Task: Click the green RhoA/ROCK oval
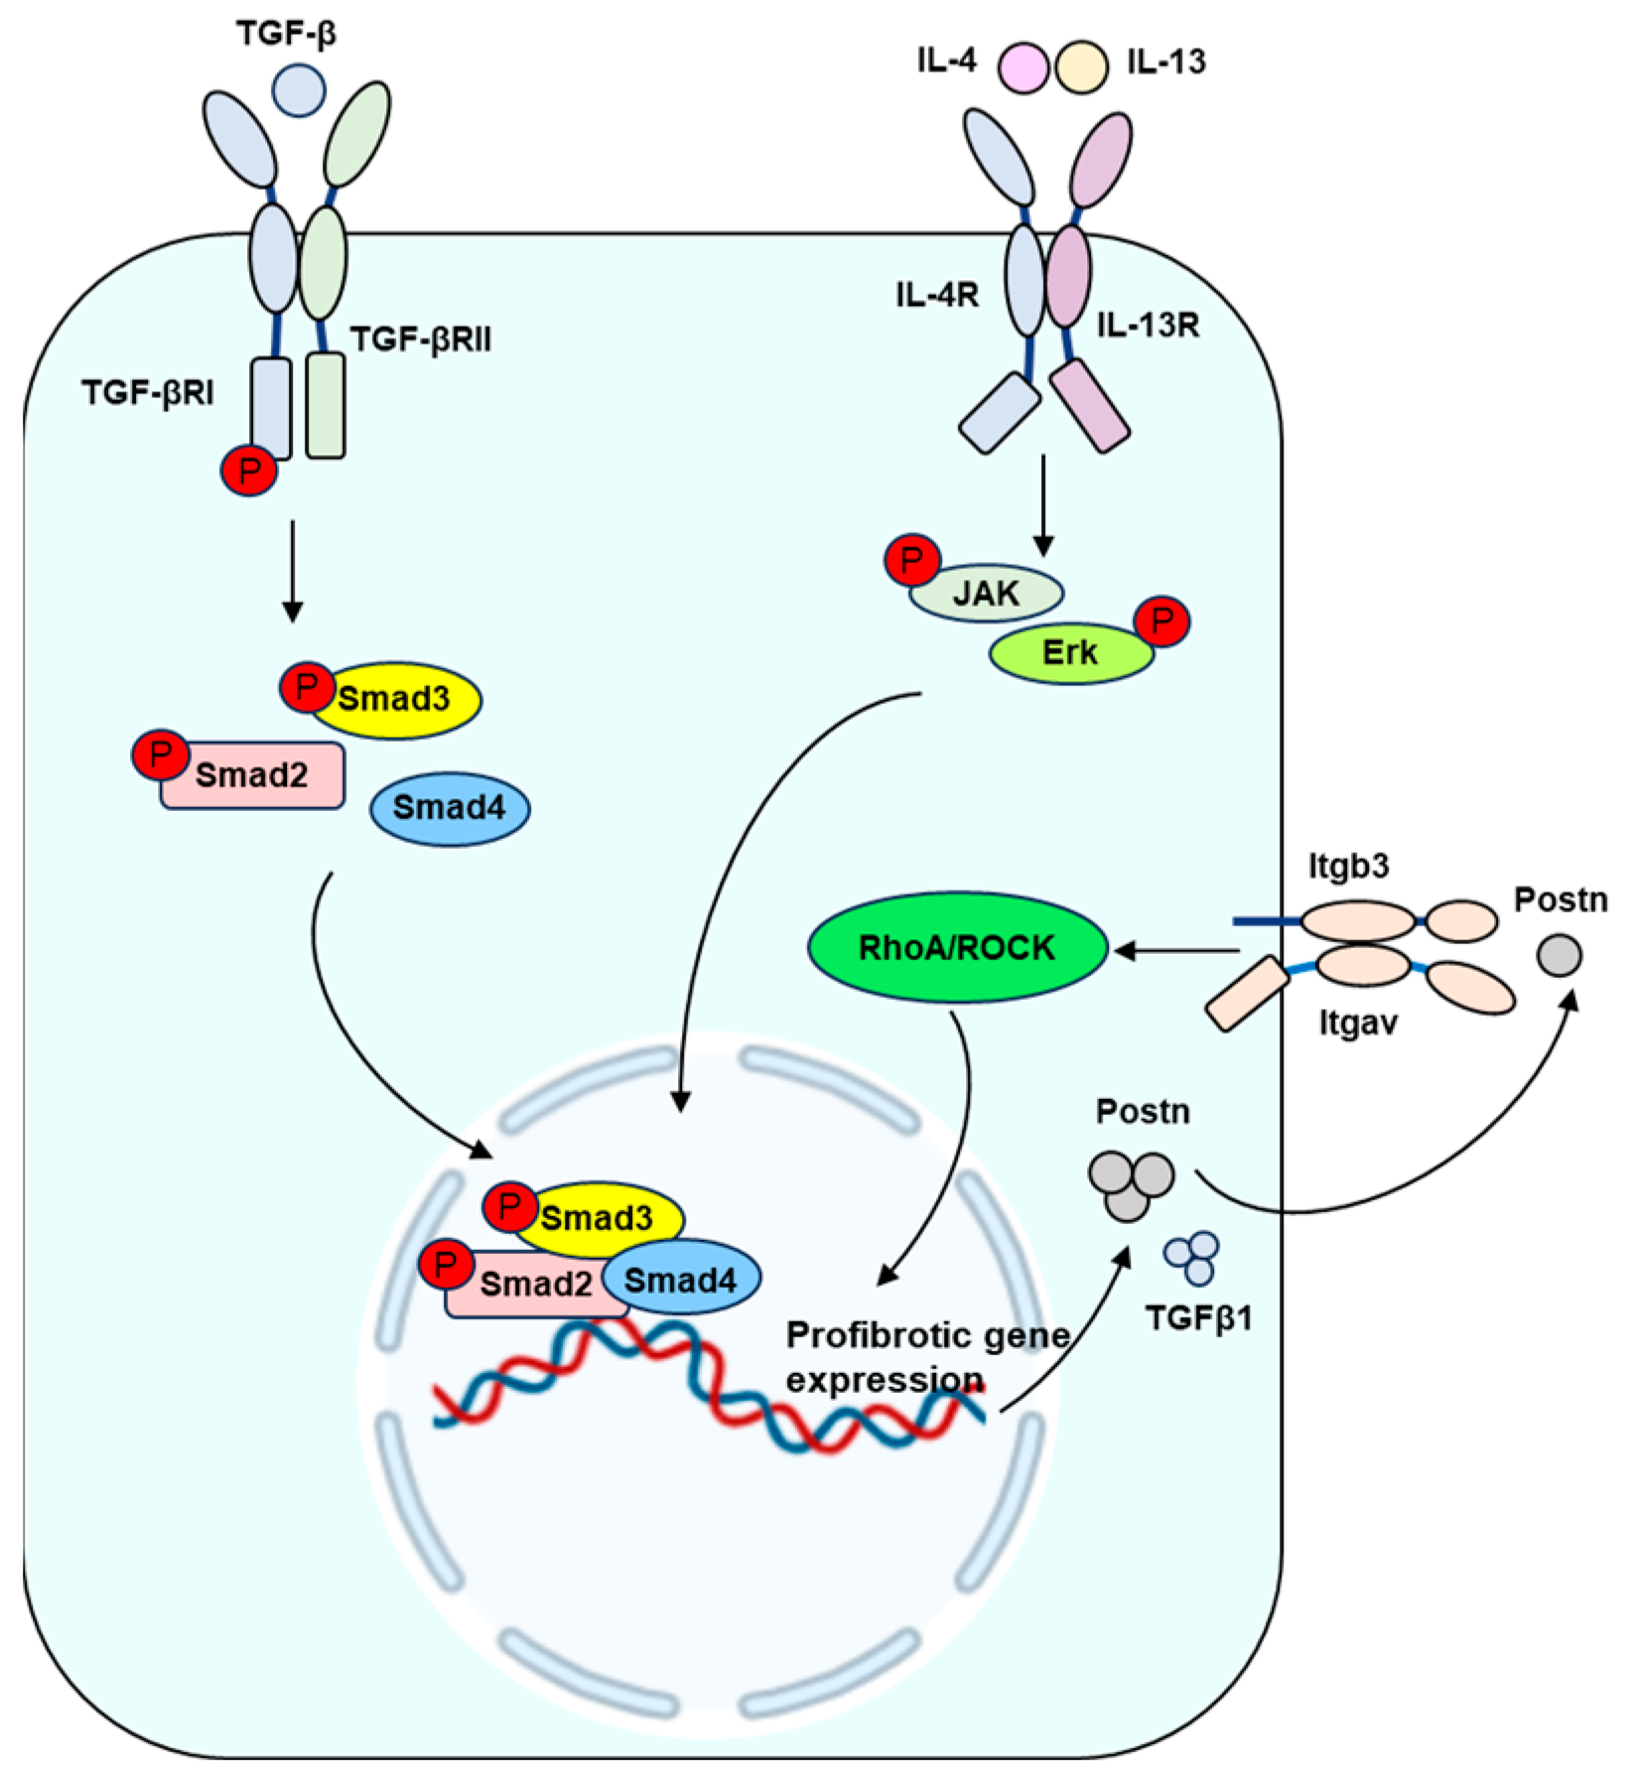pos(957,948)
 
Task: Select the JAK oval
pos(987,594)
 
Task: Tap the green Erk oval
pos(1071,653)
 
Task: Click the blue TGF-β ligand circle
pos(299,89)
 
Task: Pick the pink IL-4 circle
pos(1022,67)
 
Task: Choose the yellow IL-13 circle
pos(1082,67)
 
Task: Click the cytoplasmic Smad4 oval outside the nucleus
pos(450,808)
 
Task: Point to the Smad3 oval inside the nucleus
pos(599,1218)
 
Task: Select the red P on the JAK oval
pos(912,561)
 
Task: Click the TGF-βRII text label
pos(421,341)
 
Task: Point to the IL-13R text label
pos(1148,325)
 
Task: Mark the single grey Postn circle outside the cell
pos(1560,956)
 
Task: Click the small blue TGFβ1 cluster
pos(1192,1258)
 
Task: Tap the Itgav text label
pos(1357,1023)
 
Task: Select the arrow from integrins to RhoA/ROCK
pos(1176,951)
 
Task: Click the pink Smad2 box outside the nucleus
pos(253,775)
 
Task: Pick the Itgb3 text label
pos(1348,867)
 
